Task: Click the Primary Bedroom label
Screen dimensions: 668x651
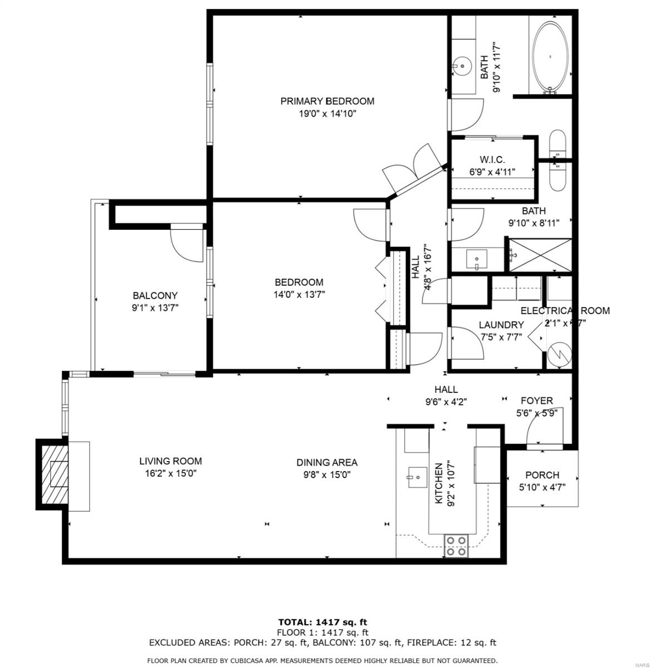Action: [327, 101]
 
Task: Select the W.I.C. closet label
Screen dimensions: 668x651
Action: [492, 160]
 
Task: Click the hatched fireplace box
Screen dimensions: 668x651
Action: [56, 474]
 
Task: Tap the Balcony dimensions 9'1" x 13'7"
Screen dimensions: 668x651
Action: [155, 307]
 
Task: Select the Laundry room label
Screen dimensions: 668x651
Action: [501, 325]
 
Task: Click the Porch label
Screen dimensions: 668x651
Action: [542, 475]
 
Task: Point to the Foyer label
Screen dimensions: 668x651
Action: [536, 401]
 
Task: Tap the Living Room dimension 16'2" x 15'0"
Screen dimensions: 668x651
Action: [170, 474]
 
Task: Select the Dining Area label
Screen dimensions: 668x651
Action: [326, 462]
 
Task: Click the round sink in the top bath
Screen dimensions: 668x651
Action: [461, 66]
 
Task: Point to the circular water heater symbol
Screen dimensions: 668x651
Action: [558, 355]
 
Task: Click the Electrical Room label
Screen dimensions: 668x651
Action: [565, 311]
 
